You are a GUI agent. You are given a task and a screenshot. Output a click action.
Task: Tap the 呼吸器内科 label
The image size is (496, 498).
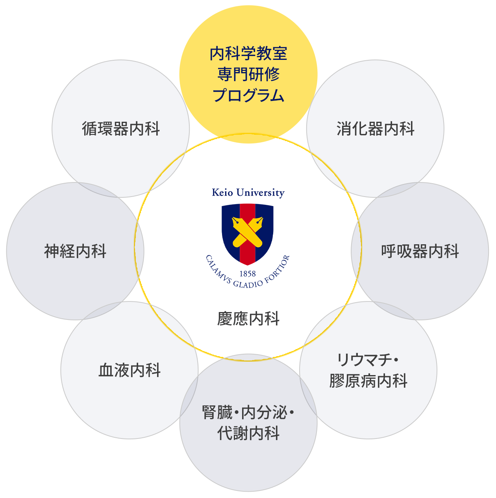(x=420, y=251)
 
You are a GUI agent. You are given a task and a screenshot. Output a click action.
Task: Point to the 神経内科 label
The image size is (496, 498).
(x=75, y=251)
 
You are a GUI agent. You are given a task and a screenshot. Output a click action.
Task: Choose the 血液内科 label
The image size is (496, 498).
(x=130, y=370)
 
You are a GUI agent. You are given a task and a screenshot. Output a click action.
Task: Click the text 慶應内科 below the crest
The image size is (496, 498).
(x=248, y=319)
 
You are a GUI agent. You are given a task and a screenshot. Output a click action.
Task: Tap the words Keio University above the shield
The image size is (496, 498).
(x=248, y=193)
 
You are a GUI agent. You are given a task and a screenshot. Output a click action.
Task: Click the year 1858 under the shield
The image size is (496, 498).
(x=248, y=274)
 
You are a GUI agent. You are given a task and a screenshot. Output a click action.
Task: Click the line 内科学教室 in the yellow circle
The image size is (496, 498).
(x=248, y=54)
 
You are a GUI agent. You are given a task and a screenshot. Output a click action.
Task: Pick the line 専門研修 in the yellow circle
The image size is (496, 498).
(x=248, y=74)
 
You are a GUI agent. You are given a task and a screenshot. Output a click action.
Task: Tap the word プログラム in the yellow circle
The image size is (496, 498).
(x=248, y=95)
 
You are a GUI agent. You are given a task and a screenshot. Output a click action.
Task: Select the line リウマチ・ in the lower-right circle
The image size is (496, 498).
(x=368, y=360)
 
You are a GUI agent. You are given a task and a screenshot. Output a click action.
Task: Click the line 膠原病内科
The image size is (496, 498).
(x=368, y=381)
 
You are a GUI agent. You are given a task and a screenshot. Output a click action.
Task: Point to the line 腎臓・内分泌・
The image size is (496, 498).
(x=248, y=413)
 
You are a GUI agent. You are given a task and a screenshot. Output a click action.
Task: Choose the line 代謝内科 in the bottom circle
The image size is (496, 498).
(x=248, y=434)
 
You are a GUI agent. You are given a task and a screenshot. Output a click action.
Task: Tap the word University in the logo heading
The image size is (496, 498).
(x=260, y=193)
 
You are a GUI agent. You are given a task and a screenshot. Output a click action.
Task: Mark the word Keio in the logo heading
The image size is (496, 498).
(x=222, y=193)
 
